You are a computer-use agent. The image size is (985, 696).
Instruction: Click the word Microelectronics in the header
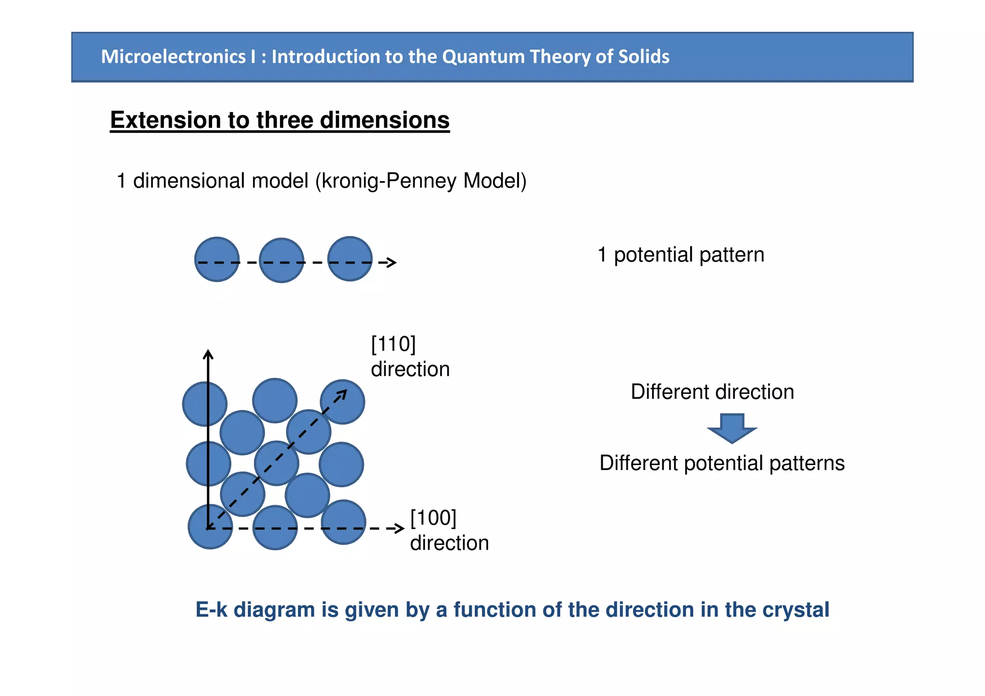173,57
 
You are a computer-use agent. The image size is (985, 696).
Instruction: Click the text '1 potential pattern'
680,254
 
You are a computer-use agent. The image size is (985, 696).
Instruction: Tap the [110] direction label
410,357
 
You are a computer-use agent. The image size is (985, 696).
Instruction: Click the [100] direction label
449,531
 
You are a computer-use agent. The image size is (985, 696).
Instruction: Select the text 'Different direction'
712,392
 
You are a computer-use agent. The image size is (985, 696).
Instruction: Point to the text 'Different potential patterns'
721,463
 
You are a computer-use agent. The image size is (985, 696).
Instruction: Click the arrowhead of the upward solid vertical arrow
208,354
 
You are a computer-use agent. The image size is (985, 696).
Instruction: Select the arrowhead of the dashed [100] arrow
399,528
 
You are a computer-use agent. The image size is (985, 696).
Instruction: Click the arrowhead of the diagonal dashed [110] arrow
342,393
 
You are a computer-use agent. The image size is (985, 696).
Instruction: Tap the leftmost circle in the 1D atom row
217,259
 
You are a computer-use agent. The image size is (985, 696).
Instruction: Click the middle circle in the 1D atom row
281,260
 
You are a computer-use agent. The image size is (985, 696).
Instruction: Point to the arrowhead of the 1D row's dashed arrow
391,262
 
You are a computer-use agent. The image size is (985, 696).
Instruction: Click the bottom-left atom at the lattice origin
210,527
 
